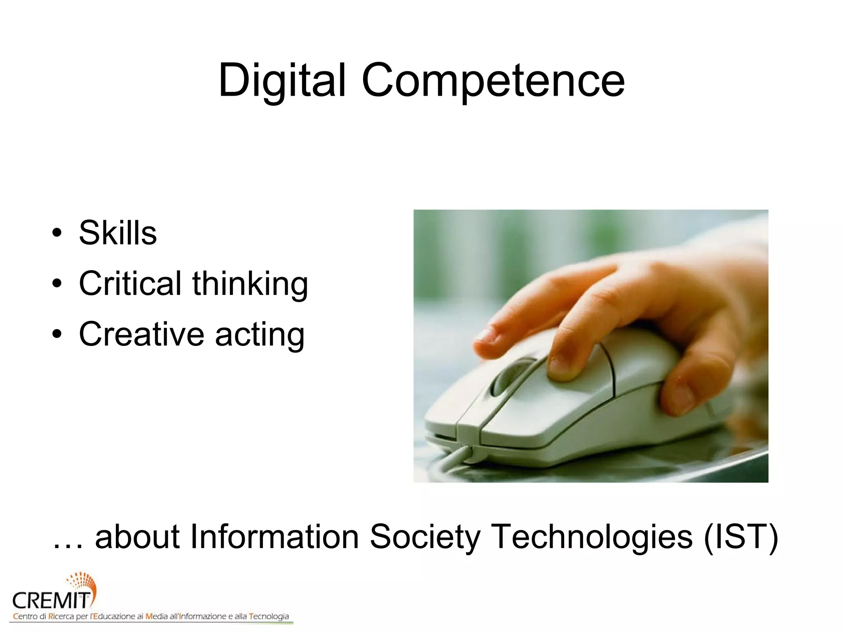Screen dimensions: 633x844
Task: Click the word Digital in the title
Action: (x=282, y=80)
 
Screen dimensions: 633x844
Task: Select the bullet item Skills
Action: (x=118, y=233)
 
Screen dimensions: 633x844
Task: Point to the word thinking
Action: (x=250, y=285)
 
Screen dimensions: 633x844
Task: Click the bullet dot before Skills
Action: (x=57, y=233)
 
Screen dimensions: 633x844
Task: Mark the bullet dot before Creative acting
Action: (x=57, y=334)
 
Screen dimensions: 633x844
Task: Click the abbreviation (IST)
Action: (x=741, y=537)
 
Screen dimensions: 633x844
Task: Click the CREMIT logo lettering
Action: (x=51, y=601)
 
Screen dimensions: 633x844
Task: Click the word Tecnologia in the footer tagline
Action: (x=269, y=617)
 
